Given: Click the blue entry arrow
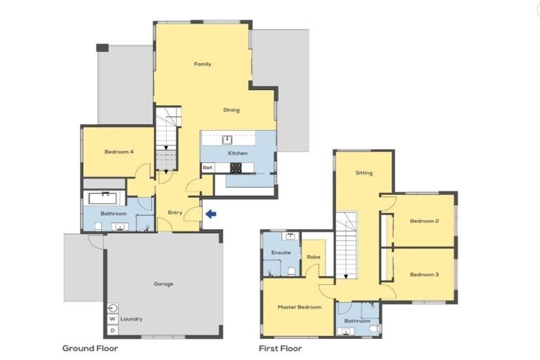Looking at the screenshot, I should (x=211, y=212).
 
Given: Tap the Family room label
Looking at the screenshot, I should (x=202, y=65).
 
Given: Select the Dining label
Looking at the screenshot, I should (x=231, y=110).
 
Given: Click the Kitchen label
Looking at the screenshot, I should (x=236, y=153).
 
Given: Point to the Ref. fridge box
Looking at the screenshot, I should (x=208, y=168).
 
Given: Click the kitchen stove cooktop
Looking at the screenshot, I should (x=236, y=168).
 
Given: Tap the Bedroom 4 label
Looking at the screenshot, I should (x=119, y=152).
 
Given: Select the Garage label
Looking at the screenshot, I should (x=163, y=284).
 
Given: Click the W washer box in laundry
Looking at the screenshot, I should (x=112, y=319).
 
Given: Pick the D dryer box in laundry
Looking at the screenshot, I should (x=112, y=330).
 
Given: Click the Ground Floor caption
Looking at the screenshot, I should (x=90, y=348).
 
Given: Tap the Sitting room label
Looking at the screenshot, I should (x=364, y=173).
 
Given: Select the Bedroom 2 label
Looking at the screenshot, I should (x=424, y=221).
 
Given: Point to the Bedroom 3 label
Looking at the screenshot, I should (x=424, y=274).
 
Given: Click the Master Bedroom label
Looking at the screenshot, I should (x=299, y=307).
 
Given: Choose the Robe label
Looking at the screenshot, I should (x=313, y=257).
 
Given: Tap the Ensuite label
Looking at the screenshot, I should (x=281, y=252).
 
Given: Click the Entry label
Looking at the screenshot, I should (x=175, y=213).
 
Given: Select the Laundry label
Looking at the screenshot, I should (x=131, y=319).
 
